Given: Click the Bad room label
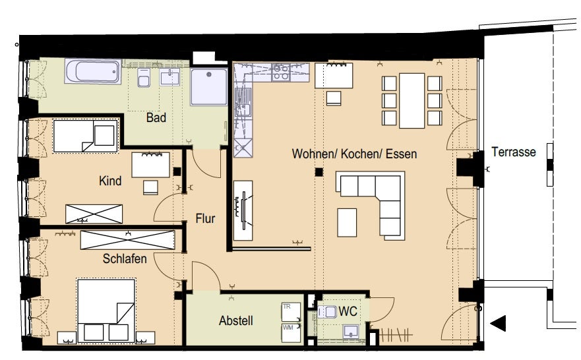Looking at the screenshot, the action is [x=156, y=118].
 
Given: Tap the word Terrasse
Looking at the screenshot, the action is [x=514, y=152].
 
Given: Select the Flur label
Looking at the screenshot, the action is [x=205, y=218].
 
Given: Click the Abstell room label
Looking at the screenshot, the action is [x=236, y=320].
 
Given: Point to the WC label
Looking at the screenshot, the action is [x=348, y=311].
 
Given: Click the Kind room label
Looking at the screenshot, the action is [x=110, y=181].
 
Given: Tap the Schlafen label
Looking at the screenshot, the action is [x=125, y=258].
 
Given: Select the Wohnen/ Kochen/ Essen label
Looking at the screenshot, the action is [x=354, y=154].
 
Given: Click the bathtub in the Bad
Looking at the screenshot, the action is [x=94, y=71].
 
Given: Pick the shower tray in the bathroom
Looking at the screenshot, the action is [x=209, y=86].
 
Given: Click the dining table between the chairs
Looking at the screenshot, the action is [x=412, y=101].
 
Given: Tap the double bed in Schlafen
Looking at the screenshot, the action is [x=106, y=310].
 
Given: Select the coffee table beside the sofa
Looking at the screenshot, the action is [x=347, y=223].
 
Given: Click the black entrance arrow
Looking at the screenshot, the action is [x=499, y=323].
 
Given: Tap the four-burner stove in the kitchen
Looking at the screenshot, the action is [x=281, y=73].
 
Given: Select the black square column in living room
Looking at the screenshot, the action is [x=319, y=172].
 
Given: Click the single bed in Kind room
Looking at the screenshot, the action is [x=86, y=136].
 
